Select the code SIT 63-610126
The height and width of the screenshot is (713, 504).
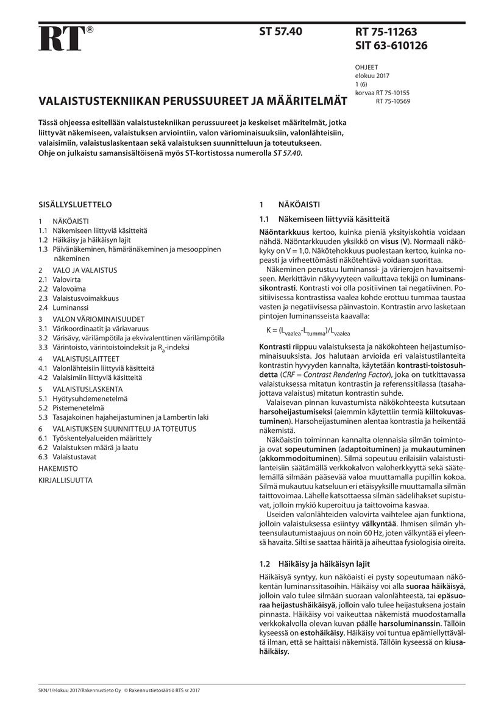point(391,46)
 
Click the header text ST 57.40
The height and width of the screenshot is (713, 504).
point(281,31)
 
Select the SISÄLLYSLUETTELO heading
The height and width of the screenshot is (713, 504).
point(75,204)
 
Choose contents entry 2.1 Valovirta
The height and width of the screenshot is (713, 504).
point(62,279)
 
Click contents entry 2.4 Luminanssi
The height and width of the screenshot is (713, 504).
point(65,308)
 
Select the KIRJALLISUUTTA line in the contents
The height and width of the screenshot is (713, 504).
point(65,480)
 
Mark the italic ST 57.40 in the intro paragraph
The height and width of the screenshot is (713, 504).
point(286,153)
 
